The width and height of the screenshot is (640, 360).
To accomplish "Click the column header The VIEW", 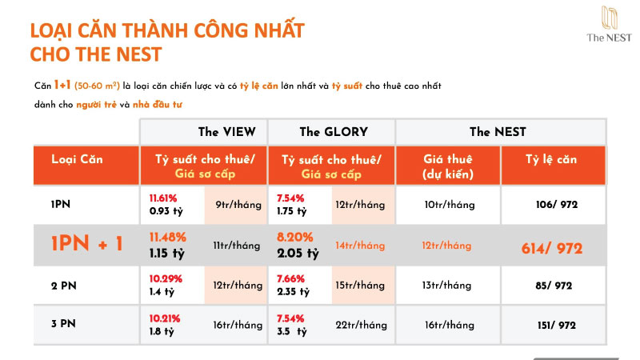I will [x=226, y=132].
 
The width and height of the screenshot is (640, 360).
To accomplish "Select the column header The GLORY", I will [x=334, y=132].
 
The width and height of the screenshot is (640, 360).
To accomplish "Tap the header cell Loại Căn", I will [x=77, y=159].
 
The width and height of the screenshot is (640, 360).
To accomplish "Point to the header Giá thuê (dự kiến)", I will [x=447, y=166].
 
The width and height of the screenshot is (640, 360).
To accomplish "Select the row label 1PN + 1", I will [x=87, y=245].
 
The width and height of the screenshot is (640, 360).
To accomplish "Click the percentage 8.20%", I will [x=293, y=237].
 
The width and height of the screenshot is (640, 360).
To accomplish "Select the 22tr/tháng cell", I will [x=361, y=325].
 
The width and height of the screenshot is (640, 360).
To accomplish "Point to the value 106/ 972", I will [x=556, y=205].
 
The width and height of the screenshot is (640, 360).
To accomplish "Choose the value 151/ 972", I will [x=556, y=325].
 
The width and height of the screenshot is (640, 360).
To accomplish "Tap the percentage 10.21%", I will [x=165, y=318].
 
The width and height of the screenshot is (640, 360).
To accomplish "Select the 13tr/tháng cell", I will [x=449, y=286].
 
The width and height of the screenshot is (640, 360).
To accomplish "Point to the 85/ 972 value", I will [x=556, y=286].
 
